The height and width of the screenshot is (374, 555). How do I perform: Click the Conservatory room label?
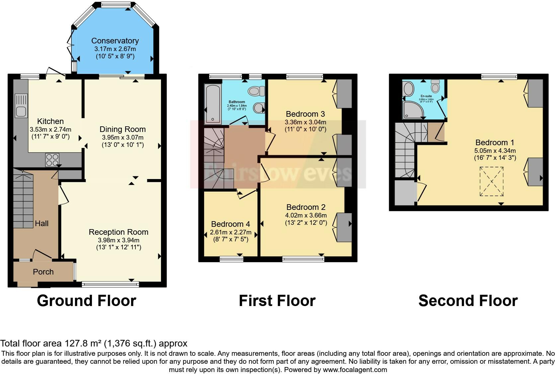pos(115,41)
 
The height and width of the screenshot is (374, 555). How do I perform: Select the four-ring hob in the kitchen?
pos(52,160)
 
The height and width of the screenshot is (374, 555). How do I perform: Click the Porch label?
pos(43,272)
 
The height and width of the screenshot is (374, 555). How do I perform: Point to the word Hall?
pos(42,223)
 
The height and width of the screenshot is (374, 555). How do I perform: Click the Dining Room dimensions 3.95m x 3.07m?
pos(122,137)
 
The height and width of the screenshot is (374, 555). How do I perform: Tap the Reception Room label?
pos(119,232)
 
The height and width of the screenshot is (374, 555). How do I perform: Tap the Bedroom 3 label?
pos(305,114)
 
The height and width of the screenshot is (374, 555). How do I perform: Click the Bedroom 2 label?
pos(306,207)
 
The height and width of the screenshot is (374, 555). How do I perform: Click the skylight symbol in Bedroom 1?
pos(491,182)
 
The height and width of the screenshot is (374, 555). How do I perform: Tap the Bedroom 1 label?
pos(495,143)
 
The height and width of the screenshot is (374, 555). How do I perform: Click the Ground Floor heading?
pos(87,301)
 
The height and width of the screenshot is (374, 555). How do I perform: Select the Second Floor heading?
pos(468,301)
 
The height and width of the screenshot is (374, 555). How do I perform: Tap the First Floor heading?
pos(277,301)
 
